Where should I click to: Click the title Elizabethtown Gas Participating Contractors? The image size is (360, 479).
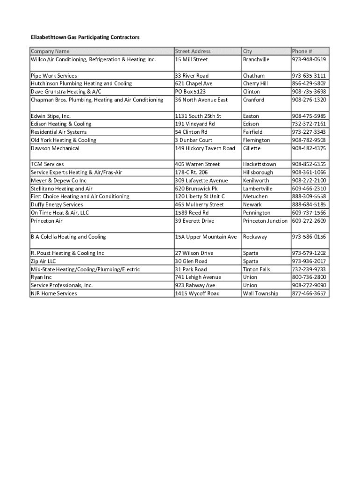pyautogui.click(x=85, y=37)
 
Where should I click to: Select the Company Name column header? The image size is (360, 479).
pyautogui.click(x=50, y=51)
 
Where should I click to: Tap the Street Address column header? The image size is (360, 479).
pyautogui.click(x=193, y=51)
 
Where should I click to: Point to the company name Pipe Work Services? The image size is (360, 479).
pyautogui.click(x=54, y=76)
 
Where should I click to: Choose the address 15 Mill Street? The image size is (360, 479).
pyautogui.click(x=191, y=59)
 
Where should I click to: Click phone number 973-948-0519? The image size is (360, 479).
pyautogui.click(x=309, y=59)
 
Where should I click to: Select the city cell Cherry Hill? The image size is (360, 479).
pyautogui.click(x=255, y=84)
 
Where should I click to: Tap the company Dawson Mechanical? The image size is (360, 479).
pyautogui.click(x=55, y=148)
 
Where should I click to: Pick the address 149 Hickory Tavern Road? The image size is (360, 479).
pyautogui.click(x=205, y=148)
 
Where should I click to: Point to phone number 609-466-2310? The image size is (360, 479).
pyautogui.click(x=309, y=189)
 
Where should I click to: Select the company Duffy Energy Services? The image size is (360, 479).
pyautogui.click(x=57, y=204)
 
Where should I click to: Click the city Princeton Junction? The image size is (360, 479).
pyautogui.click(x=265, y=221)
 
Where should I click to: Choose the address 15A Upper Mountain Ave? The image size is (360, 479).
pyautogui.click(x=206, y=237)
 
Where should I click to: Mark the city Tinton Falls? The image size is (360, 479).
pyautogui.click(x=256, y=269)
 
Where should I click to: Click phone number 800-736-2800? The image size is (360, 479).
pyautogui.click(x=309, y=277)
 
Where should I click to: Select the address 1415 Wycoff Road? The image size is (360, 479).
pyautogui.click(x=197, y=294)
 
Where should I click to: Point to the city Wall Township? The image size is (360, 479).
pyautogui.click(x=260, y=294)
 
